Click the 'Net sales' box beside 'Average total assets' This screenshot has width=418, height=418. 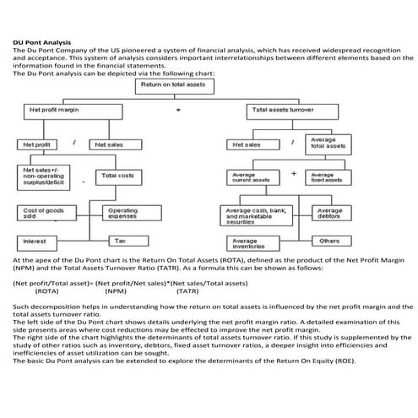pos(256,144)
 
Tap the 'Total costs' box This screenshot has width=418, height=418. pos(117,176)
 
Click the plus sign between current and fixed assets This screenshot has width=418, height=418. pos(293,173)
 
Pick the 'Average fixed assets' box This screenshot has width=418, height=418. pos(328,177)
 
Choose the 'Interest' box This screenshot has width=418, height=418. pos(39,241)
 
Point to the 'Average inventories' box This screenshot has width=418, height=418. pos(255,244)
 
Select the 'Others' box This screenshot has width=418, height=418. pos(330,241)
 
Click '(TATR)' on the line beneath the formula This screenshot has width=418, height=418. pos(191,290)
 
